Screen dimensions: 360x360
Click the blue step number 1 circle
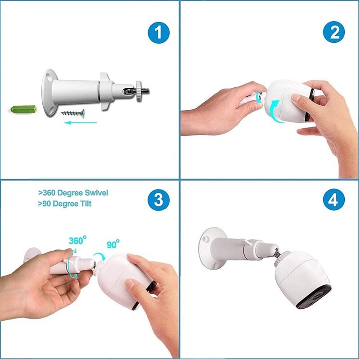pyautogui.click(x=158, y=32)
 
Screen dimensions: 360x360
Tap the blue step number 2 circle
pyautogui.click(x=334, y=32)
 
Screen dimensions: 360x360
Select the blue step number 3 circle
pyautogui.click(x=158, y=200)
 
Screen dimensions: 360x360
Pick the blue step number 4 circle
pyautogui.click(x=334, y=199)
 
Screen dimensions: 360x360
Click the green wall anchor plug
pyautogui.click(x=24, y=109)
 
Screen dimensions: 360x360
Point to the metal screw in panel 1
pyautogui.click(x=73, y=113)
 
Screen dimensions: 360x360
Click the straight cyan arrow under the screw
pyautogui.click(x=81, y=123)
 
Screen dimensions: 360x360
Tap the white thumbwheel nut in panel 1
pyautogui.click(x=139, y=91)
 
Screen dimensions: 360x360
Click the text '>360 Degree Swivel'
pyautogui.click(x=73, y=193)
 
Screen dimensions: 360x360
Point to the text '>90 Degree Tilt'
pyautogui.click(x=65, y=204)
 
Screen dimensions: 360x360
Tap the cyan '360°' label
pyautogui.click(x=77, y=240)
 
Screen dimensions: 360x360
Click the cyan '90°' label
pyautogui.click(x=113, y=244)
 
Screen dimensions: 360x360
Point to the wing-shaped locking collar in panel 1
pyautogui.click(x=106, y=91)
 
